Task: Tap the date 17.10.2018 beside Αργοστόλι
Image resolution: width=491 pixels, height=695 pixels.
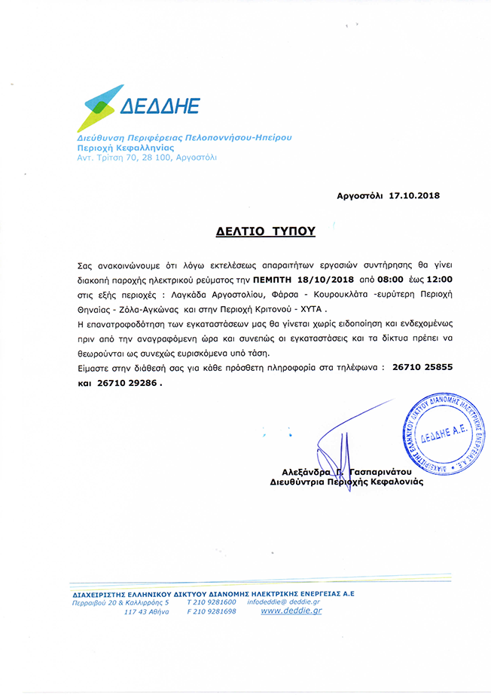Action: click(414, 195)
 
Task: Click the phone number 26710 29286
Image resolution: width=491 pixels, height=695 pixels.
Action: click(129, 382)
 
